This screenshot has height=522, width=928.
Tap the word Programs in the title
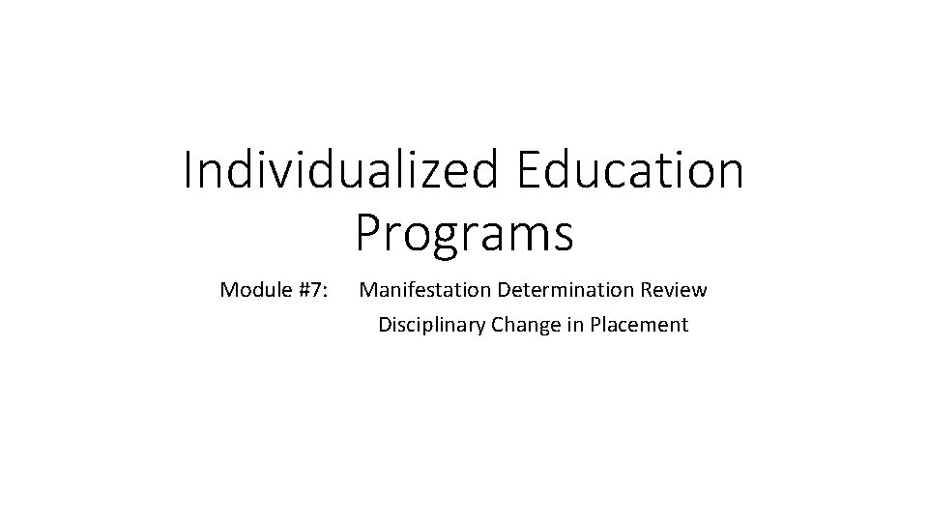(x=464, y=233)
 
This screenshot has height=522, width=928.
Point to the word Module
(x=252, y=289)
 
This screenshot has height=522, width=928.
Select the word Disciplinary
(x=430, y=325)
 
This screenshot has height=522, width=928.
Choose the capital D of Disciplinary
(x=385, y=325)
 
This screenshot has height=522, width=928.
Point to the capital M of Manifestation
(x=368, y=289)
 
